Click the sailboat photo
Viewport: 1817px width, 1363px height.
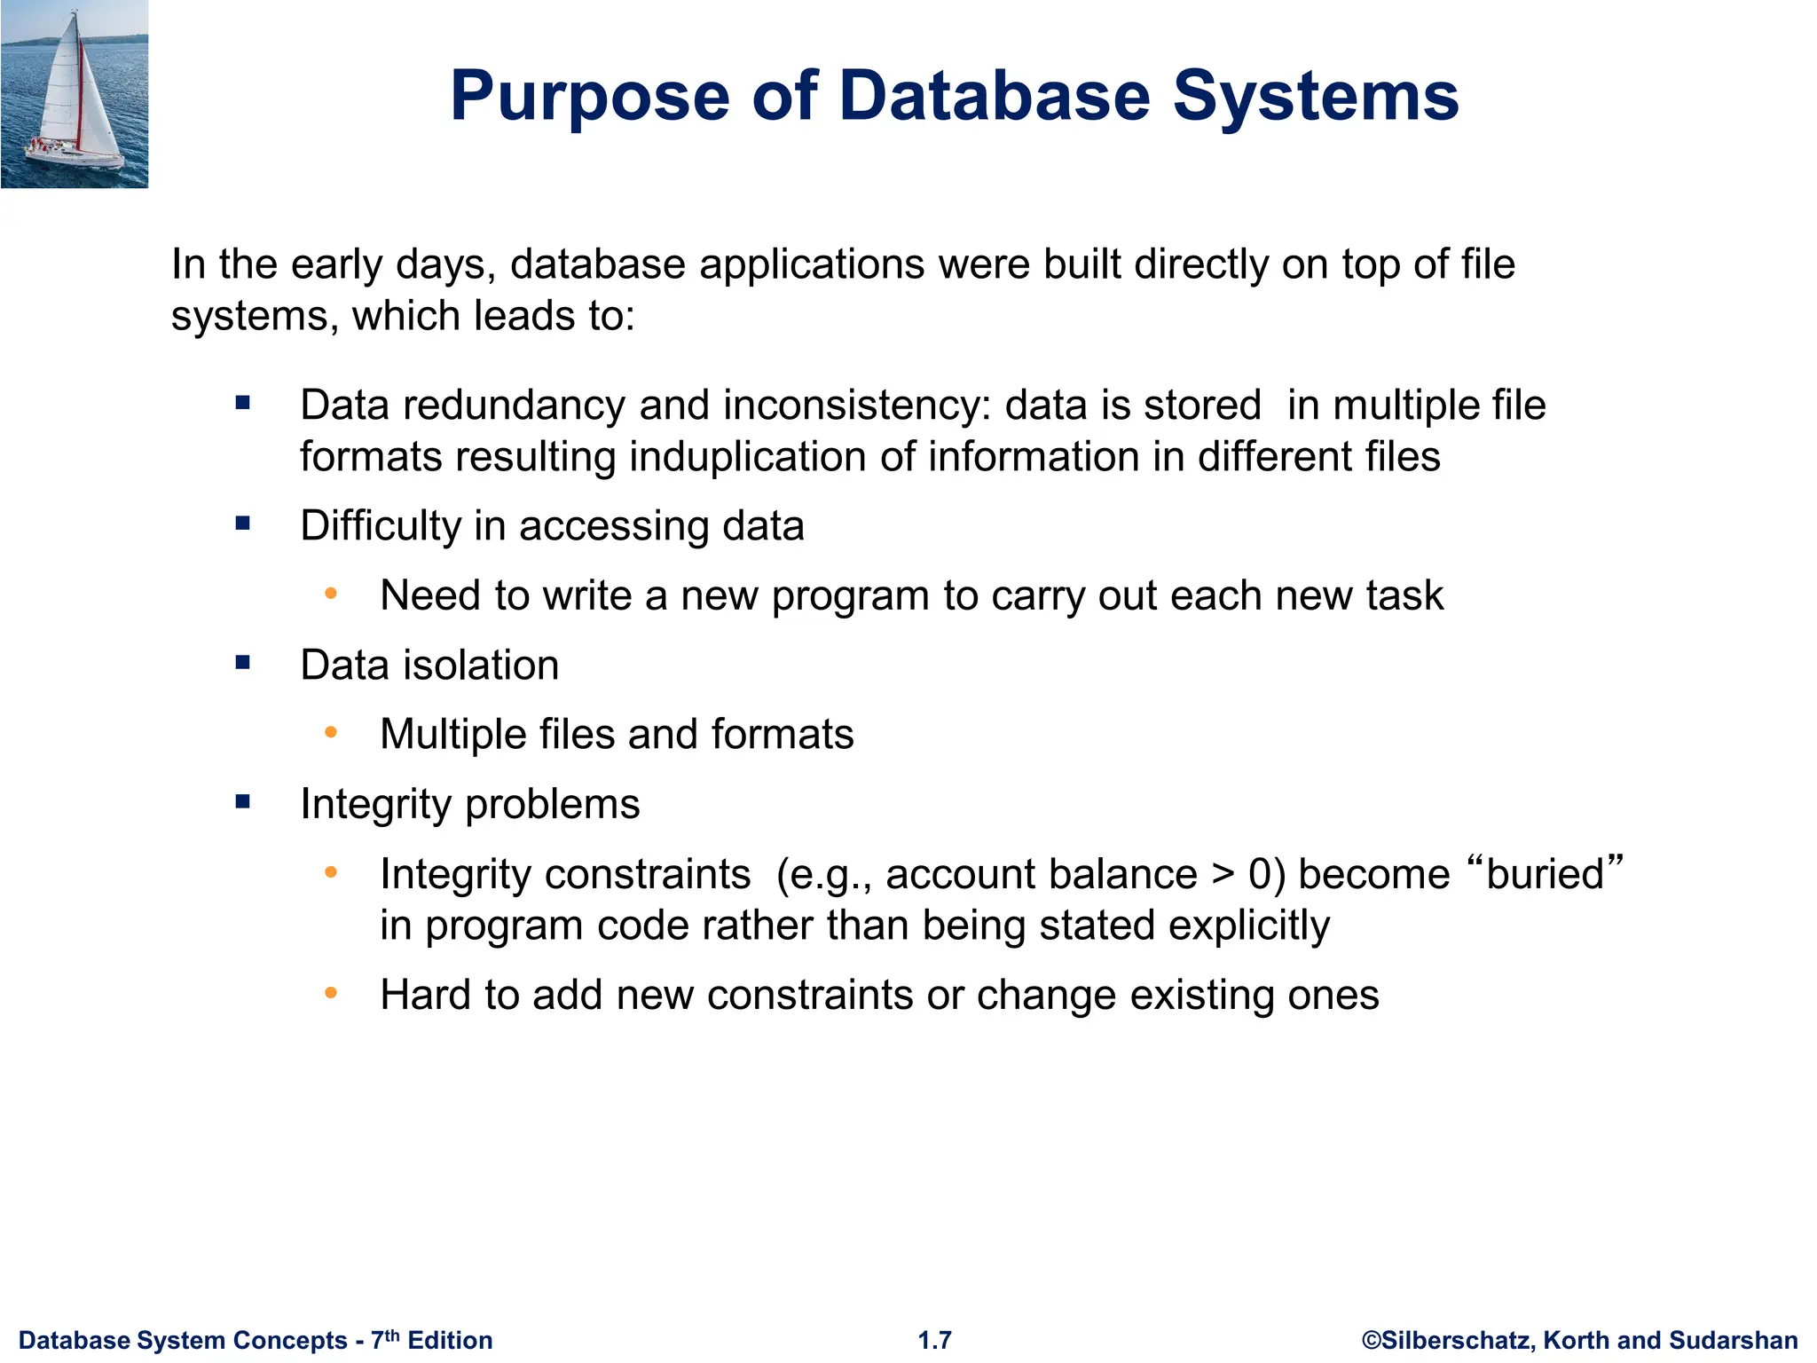(x=75, y=94)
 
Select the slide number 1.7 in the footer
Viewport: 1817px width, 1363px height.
(x=934, y=1340)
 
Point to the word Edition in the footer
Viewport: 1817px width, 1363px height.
(x=450, y=1340)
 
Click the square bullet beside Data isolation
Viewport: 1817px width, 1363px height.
(x=243, y=663)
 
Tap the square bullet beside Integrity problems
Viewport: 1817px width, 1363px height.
(x=243, y=802)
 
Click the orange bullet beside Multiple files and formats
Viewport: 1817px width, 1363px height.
(x=331, y=733)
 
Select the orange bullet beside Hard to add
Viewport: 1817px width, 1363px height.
(x=331, y=993)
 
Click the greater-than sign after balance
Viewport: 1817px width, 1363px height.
(x=1223, y=874)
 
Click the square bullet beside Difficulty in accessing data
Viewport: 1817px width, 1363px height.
(x=243, y=524)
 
